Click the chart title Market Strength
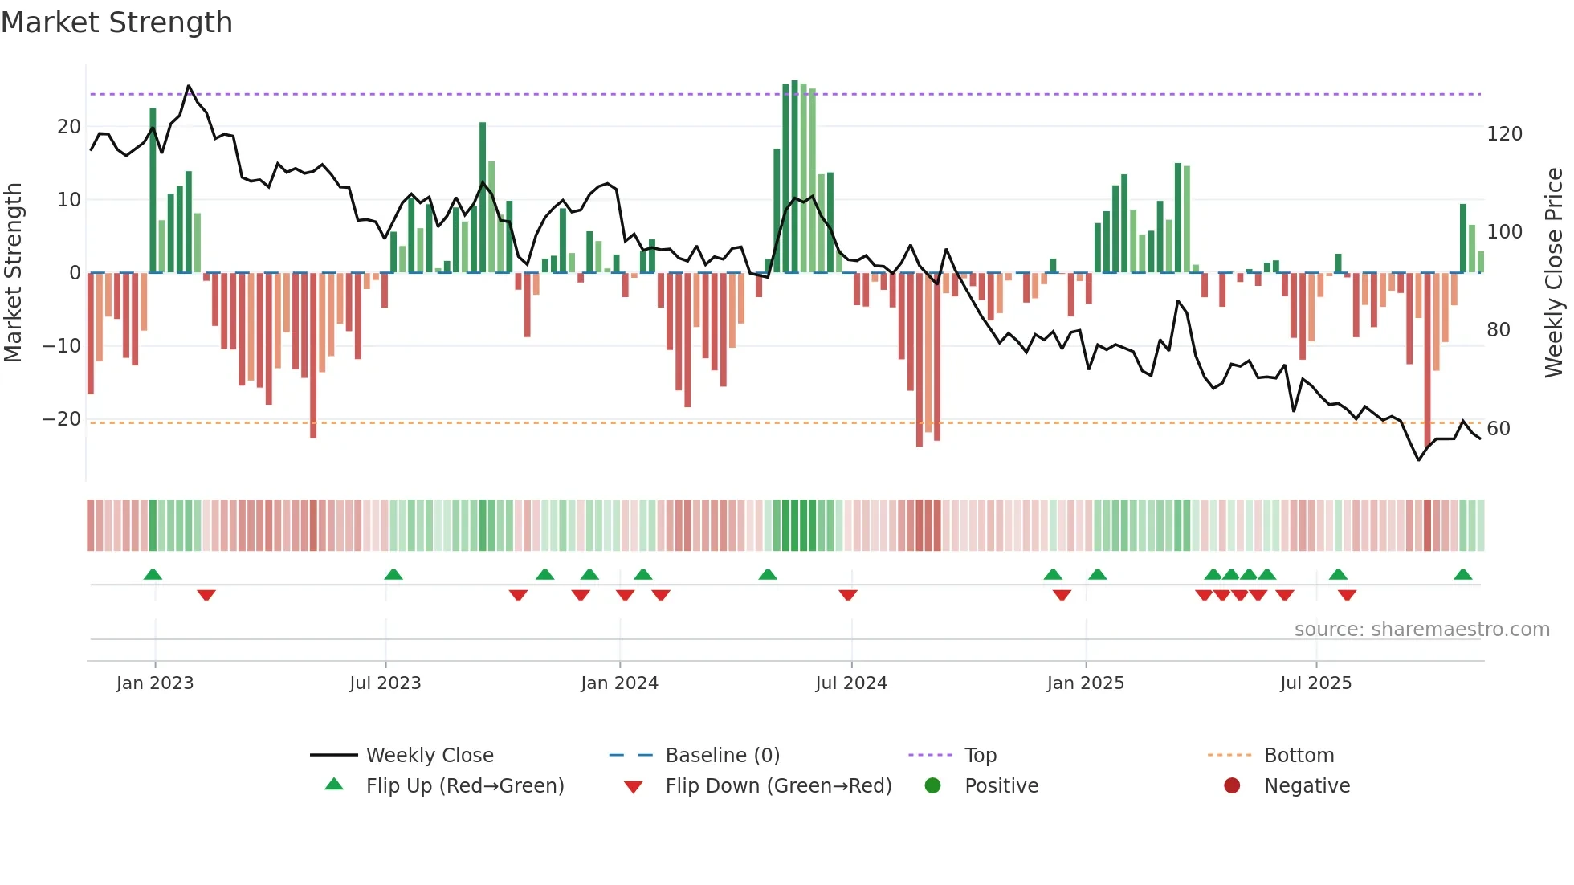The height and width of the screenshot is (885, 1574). [116, 22]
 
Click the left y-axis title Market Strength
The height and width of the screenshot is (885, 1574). [14, 272]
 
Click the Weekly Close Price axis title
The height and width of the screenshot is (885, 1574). [1554, 272]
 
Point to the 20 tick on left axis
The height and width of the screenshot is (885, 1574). [69, 127]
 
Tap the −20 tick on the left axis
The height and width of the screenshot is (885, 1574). [62, 419]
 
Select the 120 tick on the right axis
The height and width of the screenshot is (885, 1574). [1504, 134]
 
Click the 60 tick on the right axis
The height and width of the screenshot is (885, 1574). [1499, 429]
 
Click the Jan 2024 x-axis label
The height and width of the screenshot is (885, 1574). [619, 683]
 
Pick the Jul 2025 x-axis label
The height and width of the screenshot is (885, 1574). [1315, 683]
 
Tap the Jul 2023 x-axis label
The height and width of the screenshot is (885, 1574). [385, 683]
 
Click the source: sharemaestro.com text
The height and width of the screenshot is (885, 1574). [1421, 630]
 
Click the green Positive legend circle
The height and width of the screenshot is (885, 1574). [932, 785]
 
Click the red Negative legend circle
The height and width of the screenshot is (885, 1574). [1232, 785]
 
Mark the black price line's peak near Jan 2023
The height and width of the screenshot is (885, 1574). [189, 85]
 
